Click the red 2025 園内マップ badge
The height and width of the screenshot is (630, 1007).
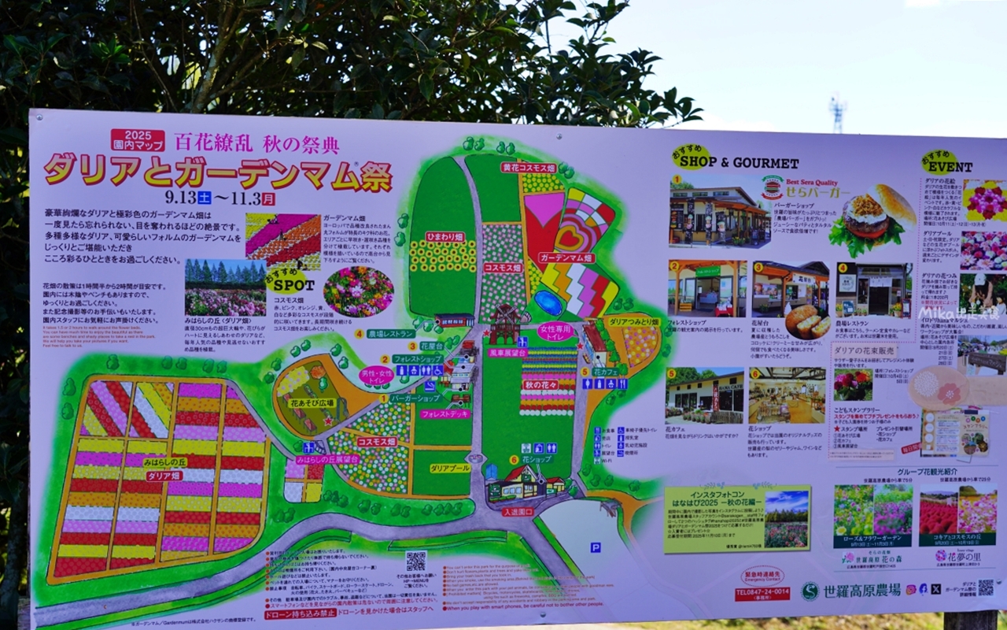click(x=138, y=140)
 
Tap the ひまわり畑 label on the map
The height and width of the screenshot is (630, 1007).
click(x=444, y=236)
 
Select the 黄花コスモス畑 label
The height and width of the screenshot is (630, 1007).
click(x=529, y=168)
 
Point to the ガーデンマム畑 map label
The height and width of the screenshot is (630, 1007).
click(x=566, y=258)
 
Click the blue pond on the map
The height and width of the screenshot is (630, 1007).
click(x=548, y=302)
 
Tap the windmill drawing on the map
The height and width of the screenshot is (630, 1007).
click(x=504, y=323)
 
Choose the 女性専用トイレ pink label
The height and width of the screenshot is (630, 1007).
click(x=555, y=332)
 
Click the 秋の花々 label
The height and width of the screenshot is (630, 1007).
click(x=540, y=384)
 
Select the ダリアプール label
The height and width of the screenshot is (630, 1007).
click(x=450, y=468)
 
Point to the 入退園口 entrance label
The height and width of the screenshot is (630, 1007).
click(x=518, y=512)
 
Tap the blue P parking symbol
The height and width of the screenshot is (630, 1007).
click(x=595, y=547)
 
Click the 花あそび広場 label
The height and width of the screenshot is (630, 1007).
click(x=312, y=402)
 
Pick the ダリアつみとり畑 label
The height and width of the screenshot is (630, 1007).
click(x=634, y=321)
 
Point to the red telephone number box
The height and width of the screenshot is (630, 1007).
click(x=762, y=593)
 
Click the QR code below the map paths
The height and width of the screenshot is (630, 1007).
click(x=415, y=561)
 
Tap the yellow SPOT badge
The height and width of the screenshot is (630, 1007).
click(x=287, y=280)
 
